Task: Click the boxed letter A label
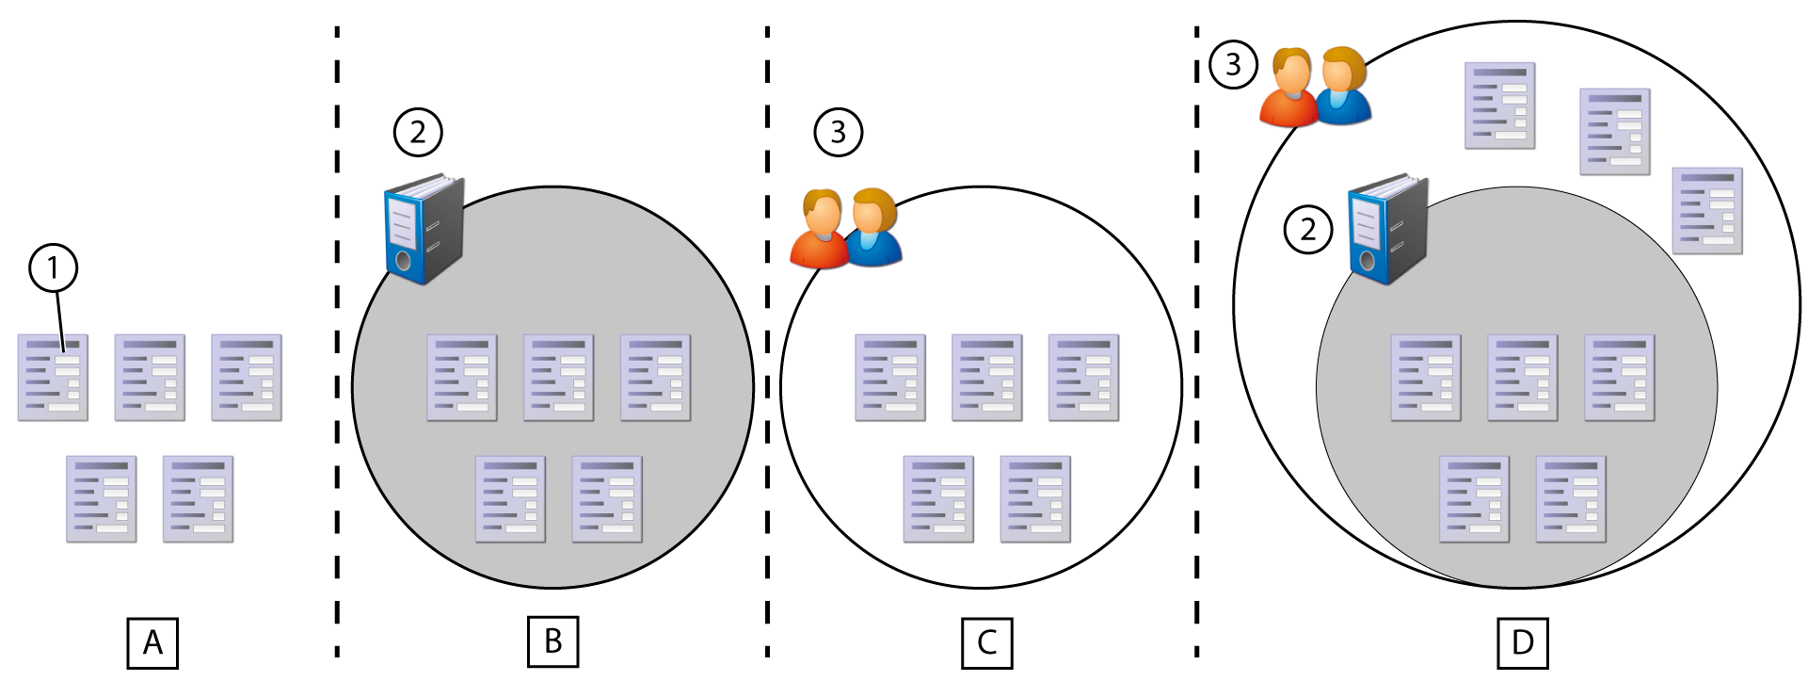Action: coord(152,642)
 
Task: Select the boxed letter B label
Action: coord(553,641)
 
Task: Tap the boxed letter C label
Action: coord(986,642)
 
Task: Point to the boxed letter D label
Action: coord(1522,642)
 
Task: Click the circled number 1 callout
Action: coord(53,268)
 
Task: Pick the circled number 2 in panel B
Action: coord(418,132)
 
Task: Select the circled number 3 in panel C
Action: coord(838,132)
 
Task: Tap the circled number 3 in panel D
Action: coord(1233,64)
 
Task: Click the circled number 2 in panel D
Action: coord(1308,229)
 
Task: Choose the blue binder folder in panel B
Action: coord(424,229)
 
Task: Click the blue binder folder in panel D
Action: coord(1388,229)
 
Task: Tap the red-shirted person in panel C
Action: coord(820,231)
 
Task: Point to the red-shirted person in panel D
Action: coord(1289,89)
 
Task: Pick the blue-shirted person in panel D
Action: coord(1342,87)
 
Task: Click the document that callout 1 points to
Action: coord(53,378)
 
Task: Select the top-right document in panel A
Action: coord(247,378)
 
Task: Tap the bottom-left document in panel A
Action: coord(102,499)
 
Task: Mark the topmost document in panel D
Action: coord(1499,105)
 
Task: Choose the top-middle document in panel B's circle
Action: coord(558,378)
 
